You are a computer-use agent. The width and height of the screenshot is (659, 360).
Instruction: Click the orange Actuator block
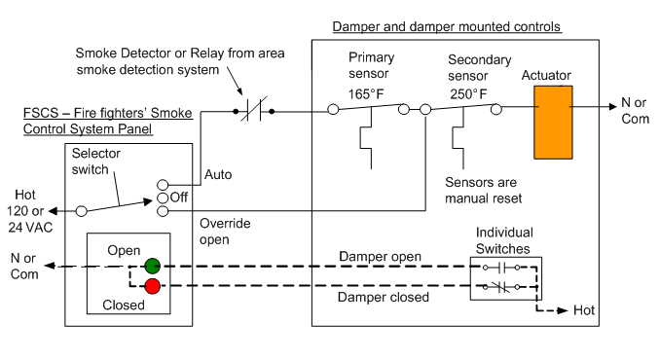(x=555, y=121)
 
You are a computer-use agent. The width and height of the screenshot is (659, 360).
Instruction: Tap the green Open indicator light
(x=152, y=266)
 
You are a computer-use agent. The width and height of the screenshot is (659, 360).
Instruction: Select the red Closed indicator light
(x=152, y=285)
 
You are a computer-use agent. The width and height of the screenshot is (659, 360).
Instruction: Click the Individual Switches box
(x=504, y=276)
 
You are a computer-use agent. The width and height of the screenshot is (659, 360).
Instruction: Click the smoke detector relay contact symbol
(x=254, y=112)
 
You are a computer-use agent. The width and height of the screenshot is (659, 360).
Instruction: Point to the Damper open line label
(x=381, y=257)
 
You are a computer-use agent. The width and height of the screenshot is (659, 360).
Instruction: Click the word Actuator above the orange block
(x=547, y=76)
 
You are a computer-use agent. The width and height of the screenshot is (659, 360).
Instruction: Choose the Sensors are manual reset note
(x=484, y=190)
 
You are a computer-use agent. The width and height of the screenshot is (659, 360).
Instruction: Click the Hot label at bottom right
(x=584, y=310)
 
